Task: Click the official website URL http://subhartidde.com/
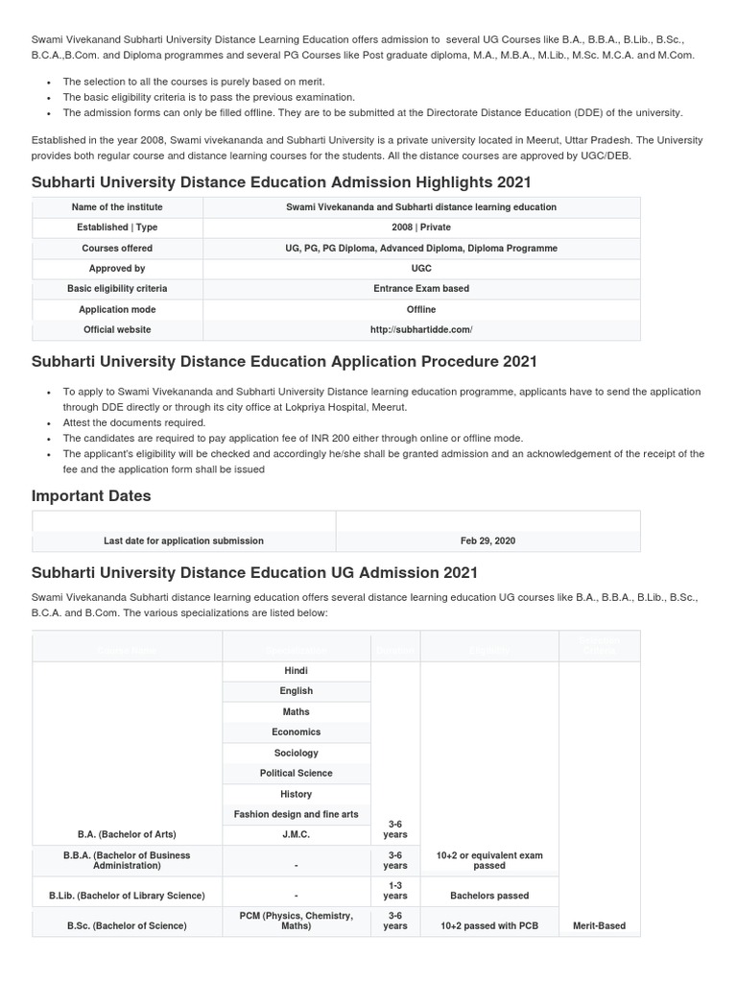pos(420,330)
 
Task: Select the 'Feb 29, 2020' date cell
pos(487,541)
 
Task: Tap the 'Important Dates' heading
pos(91,496)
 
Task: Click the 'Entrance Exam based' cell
pos(420,289)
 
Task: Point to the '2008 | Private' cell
pos(420,228)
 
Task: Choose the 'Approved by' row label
pos(117,269)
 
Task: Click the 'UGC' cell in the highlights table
pos(420,269)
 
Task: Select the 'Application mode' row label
pos(117,310)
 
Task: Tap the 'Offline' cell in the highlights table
pos(420,310)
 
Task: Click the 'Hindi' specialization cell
pos(296,671)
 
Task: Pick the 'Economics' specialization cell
pos(296,732)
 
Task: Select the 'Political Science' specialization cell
pos(296,774)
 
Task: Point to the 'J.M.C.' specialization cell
pos(296,834)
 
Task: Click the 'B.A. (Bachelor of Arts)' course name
pos(127,834)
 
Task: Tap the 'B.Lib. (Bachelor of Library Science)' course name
pos(127,896)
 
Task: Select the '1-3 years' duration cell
pos(394,890)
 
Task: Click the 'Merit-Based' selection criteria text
pos(598,926)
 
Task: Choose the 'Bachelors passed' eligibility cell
pos(488,896)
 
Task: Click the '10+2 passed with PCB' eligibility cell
pos(488,926)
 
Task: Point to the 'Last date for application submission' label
pos(183,541)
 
